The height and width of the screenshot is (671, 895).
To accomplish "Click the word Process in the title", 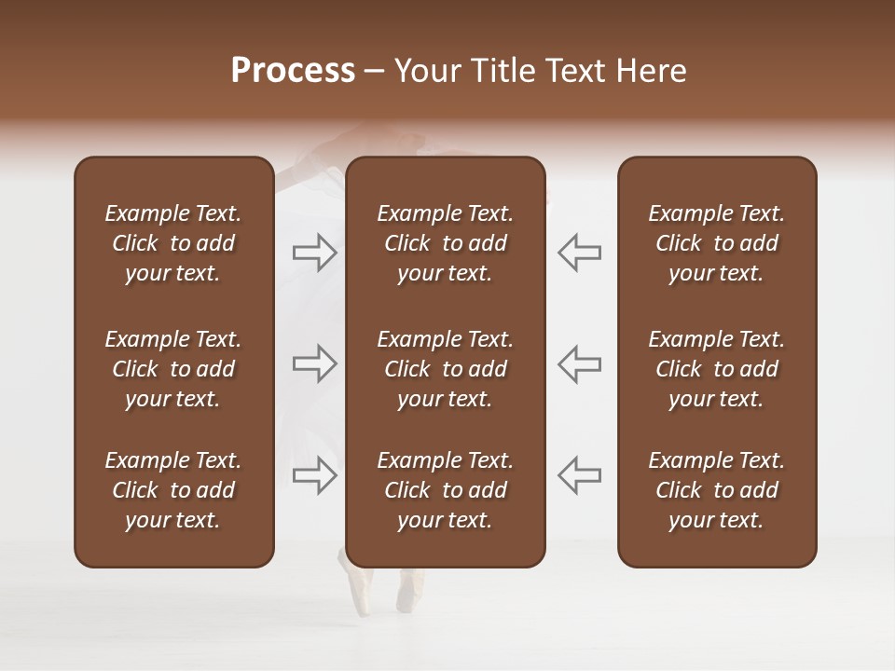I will coord(293,71).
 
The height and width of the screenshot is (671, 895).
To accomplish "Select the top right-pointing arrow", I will coord(314,253).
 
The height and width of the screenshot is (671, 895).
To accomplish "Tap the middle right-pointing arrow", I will coord(314,363).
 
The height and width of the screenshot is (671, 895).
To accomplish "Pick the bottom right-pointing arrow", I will coord(314,475).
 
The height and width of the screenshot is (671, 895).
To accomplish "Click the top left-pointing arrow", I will coord(579,253).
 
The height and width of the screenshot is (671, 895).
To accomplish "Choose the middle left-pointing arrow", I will coord(579,363).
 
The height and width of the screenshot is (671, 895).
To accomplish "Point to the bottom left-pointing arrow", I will coord(579,475).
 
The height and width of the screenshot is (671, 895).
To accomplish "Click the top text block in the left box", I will coord(173,243).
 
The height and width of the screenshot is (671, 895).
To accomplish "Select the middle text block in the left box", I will coord(173,369).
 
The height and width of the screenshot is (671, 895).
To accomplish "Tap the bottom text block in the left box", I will coord(173,490).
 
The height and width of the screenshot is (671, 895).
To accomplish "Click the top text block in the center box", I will coord(445,243).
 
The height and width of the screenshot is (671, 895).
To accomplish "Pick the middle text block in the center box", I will coord(445,369).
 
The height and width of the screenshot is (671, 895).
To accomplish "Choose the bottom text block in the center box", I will coord(445,490).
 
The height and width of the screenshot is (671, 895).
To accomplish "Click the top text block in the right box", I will coord(717,243).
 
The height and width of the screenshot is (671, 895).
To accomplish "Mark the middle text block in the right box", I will coord(717,369).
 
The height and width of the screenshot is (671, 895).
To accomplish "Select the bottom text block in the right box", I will coord(717,490).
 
